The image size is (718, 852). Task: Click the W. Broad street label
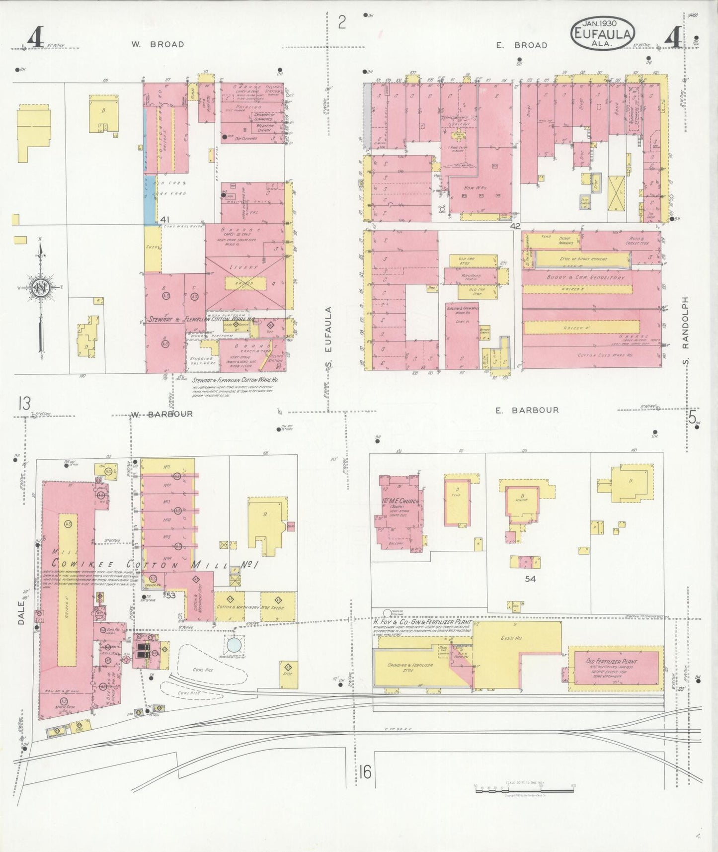[x=158, y=44]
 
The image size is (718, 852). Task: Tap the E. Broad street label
[x=521, y=45]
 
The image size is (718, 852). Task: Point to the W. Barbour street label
[x=161, y=414]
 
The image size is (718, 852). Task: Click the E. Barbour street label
[x=527, y=410]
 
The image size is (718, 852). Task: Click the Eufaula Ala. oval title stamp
[x=603, y=34]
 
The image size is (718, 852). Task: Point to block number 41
[x=165, y=219]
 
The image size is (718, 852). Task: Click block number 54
[x=530, y=579]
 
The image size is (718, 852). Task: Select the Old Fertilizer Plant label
[x=612, y=662]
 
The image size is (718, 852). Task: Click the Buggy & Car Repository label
[x=585, y=277]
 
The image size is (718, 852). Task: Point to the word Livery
[x=244, y=267]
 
